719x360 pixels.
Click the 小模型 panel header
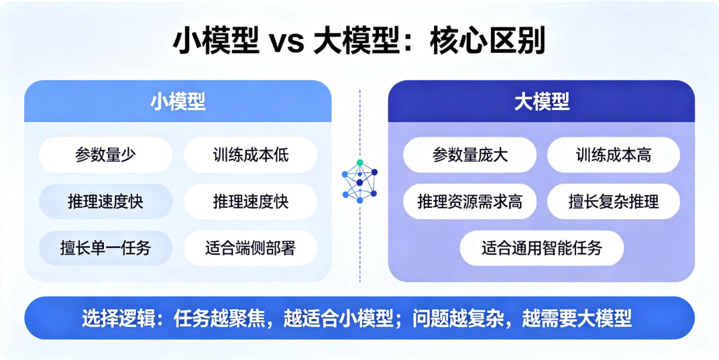tap(178, 101)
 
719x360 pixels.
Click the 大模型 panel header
tap(541, 101)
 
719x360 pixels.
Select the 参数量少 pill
tap(105, 155)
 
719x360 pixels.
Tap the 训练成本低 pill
tap(250, 155)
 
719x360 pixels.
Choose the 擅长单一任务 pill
tap(105, 248)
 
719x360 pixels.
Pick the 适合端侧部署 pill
tap(250, 248)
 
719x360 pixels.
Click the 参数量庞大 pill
tap(469, 155)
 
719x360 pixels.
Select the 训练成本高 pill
tap(614, 155)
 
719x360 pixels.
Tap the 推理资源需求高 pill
tap(469, 201)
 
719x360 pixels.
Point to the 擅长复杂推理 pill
tap(614, 201)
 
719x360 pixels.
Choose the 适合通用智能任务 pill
tap(541, 248)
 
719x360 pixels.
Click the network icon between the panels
tap(359, 182)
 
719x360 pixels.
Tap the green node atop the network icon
tap(360, 163)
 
